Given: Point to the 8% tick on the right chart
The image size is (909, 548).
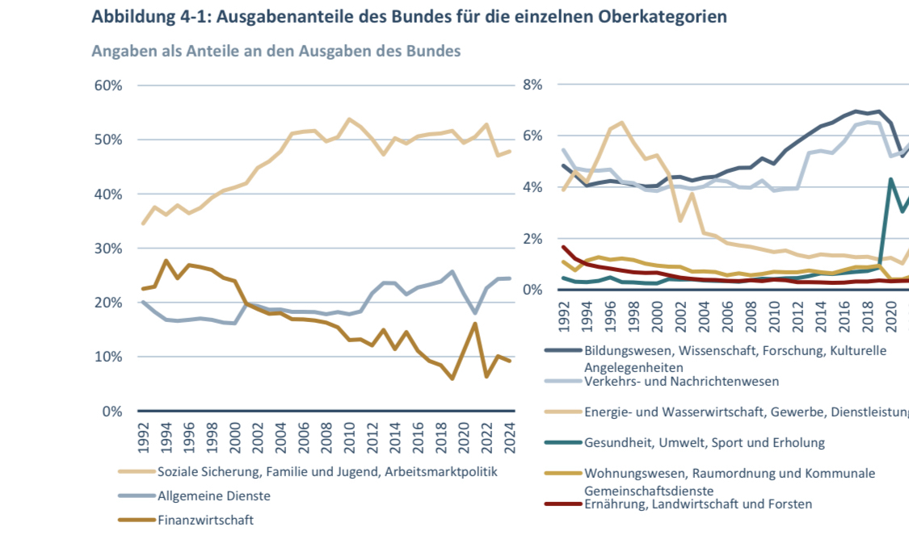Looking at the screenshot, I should (532, 86).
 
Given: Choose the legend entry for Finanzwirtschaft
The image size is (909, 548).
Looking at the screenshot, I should (205, 520).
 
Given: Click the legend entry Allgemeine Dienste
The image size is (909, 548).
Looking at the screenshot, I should (214, 496).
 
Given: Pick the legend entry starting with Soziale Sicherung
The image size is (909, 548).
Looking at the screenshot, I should (327, 471).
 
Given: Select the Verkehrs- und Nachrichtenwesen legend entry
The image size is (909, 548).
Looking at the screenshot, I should (681, 380).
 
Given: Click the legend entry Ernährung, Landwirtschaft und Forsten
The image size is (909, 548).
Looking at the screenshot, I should (698, 504).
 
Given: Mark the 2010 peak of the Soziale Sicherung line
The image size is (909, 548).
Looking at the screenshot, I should (348, 119).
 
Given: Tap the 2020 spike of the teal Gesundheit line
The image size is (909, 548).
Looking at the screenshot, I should (890, 179).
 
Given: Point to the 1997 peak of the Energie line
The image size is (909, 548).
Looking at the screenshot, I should (621, 123).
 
